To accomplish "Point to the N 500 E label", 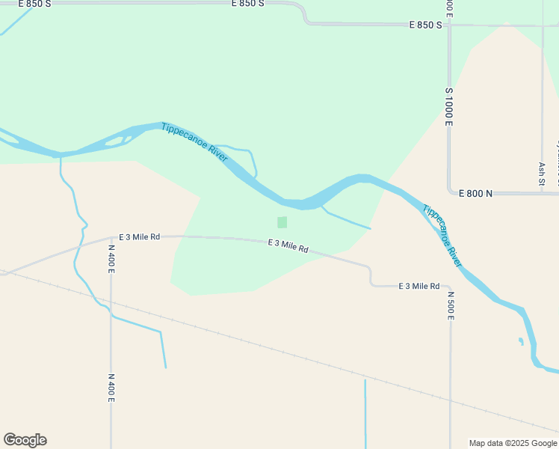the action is pos(451,306).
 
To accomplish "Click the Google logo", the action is pos(25,440).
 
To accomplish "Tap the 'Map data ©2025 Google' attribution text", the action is pos(513,443).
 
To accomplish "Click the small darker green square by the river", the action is pos(282,222).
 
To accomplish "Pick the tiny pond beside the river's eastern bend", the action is pos(521,342).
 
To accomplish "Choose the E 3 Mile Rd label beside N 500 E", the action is pos(419,286).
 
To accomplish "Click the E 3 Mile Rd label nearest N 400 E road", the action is pos(139,236).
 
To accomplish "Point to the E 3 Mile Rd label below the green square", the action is pos(288,246).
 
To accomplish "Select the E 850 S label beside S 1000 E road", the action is pos(426,25).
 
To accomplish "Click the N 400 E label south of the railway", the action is pos(111,388).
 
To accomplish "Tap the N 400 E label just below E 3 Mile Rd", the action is pos(111,259).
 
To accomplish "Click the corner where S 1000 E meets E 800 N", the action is pos(450,192).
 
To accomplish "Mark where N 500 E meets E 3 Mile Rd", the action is pos(450,287).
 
